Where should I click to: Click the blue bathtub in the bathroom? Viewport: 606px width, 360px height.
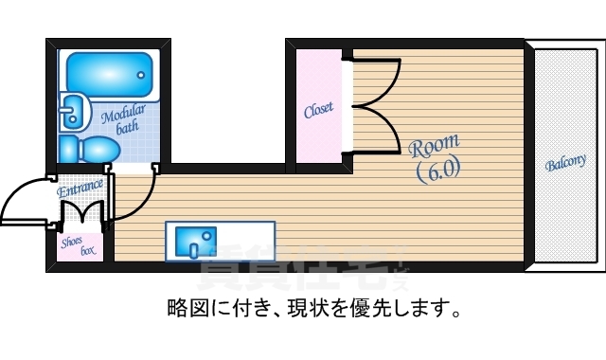tap(108, 71)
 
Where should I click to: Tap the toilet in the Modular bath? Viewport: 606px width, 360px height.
tap(89, 149)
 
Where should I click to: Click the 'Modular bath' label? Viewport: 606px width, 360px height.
tap(125, 117)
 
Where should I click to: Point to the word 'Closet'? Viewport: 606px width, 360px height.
tap(318, 111)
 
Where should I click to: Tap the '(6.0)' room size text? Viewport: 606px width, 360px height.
tap(438, 170)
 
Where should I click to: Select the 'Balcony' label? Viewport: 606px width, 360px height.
tap(565, 163)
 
